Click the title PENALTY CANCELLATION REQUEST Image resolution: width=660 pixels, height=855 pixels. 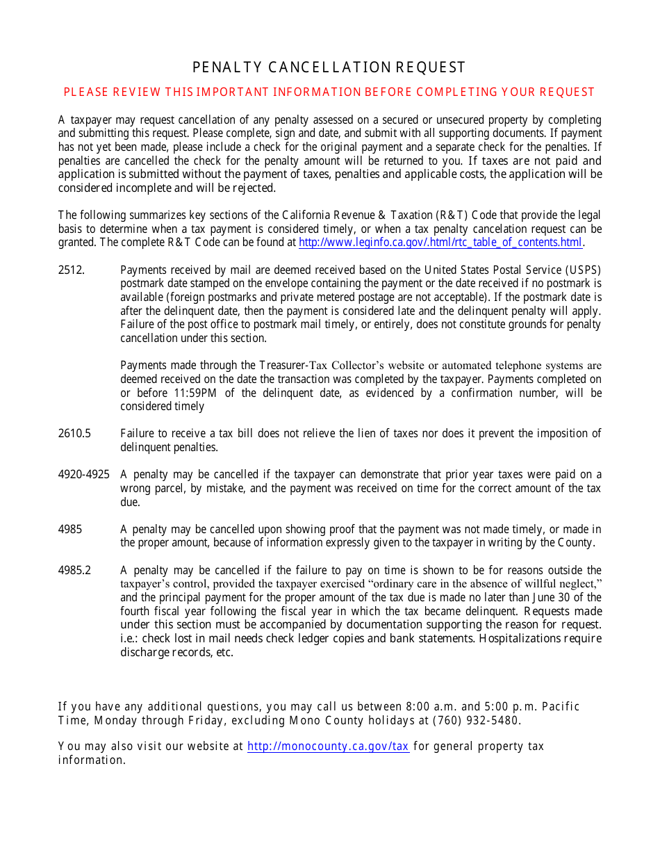329,67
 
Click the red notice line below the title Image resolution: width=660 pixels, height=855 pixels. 329,92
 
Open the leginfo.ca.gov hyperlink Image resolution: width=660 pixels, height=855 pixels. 440,243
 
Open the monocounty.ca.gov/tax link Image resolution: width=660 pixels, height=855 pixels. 328,747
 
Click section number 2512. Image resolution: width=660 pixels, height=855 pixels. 71,270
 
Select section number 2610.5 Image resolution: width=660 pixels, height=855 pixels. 74,434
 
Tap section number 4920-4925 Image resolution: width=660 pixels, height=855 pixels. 83,475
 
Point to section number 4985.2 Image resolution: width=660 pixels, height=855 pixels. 74,571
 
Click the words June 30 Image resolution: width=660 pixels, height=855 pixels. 555,598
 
